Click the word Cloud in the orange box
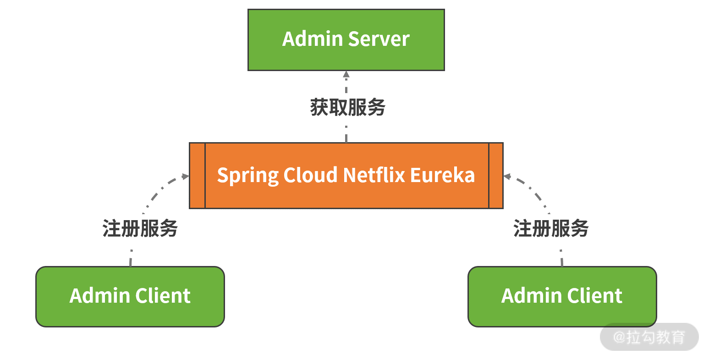[310, 175]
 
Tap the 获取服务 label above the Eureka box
[347, 107]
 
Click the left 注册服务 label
[140, 228]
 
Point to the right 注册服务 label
[550, 228]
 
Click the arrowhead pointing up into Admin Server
[346, 74]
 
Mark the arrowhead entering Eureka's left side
[186, 176]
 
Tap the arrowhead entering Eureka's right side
[507, 176]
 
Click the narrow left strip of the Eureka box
[197, 176]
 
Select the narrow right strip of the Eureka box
[496, 176]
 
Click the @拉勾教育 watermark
[649, 337]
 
